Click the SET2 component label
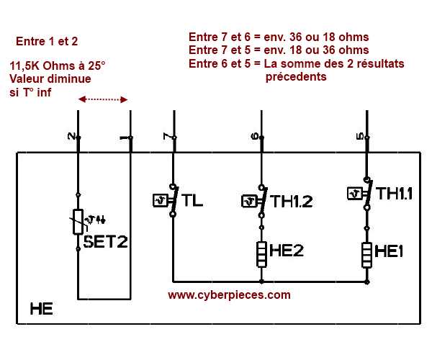point(105,242)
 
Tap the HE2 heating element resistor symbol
point(261,253)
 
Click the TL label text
point(193,201)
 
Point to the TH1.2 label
point(291,202)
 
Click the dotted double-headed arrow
point(103,99)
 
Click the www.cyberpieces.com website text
point(229,294)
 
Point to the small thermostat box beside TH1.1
point(354,193)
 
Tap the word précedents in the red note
point(296,76)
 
